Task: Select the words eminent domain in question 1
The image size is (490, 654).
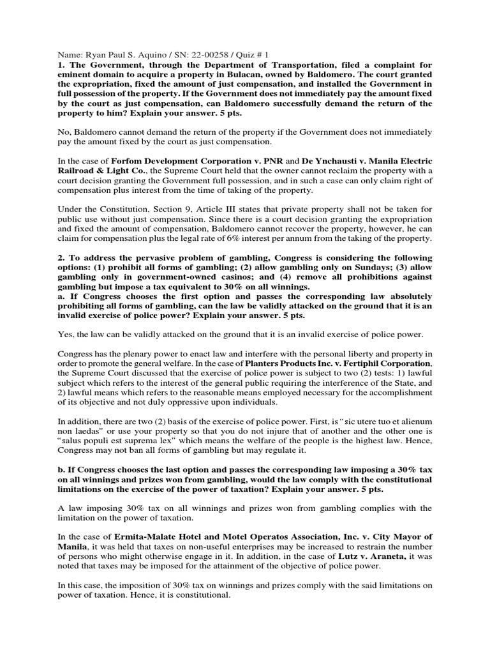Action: click(x=88, y=73)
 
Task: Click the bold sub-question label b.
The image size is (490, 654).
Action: click(x=61, y=469)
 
